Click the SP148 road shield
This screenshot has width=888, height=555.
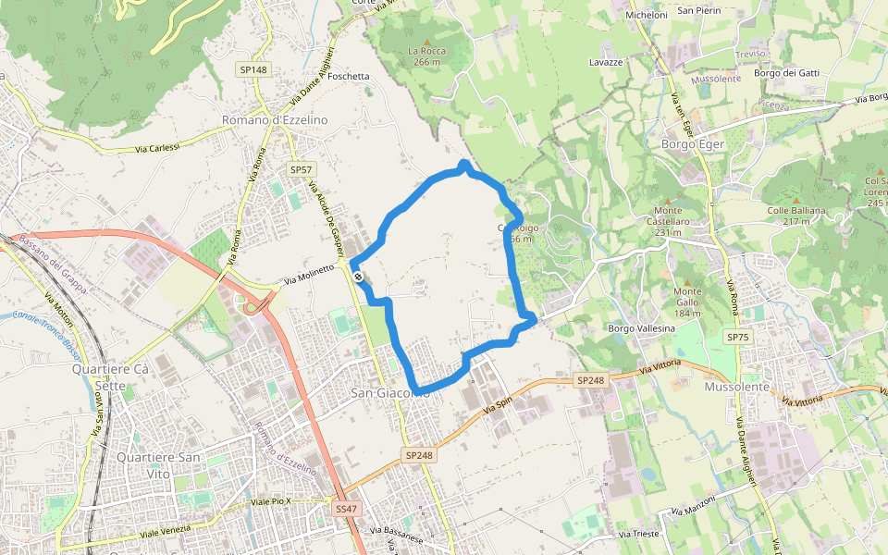[253, 70]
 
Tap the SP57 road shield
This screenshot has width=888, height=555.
[302, 169]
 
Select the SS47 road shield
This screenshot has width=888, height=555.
[346, 509]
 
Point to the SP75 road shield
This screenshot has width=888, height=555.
[737, 338]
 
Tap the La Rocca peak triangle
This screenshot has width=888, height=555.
[426, 40]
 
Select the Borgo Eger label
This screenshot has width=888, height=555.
[693, 144]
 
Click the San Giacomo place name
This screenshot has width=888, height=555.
[389, 393]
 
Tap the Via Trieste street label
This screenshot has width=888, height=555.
[638, 535]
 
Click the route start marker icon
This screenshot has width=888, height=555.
[358, 277]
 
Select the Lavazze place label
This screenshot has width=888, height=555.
[606, 61]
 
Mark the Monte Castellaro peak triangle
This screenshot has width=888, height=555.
[667, 199]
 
